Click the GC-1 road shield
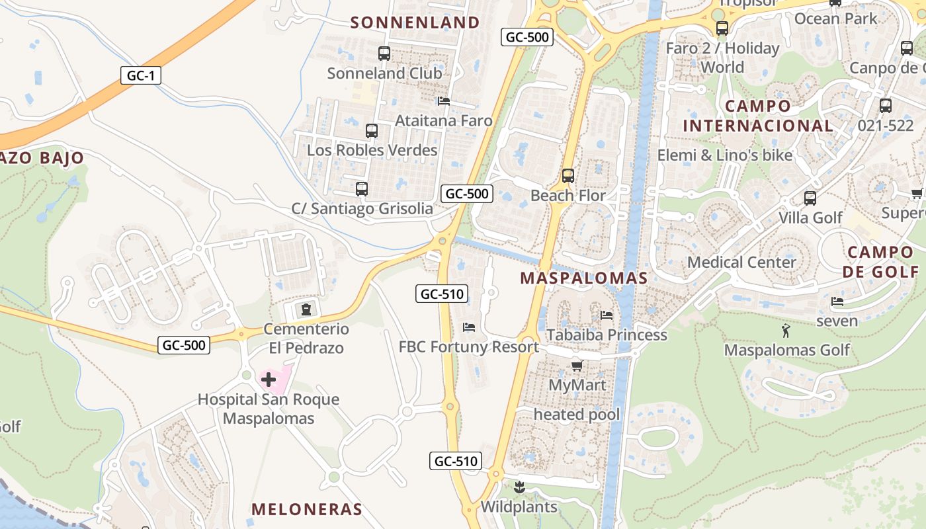click(140, 75)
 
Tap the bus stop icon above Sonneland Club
click(384, 54)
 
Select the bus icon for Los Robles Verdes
click(372, 131)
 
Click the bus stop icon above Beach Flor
click(568, 176)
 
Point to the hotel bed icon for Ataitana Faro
click(443, 101)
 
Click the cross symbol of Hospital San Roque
click(269, 380)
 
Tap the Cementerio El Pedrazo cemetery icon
click(306, 309)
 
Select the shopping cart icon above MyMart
click(577, 366)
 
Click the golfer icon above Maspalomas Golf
click(786, 330)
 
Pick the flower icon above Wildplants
click(519, 488)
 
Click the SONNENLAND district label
click(415, 22)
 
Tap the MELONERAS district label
click(307, 509)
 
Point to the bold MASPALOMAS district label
click(583, 278)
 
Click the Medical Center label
click(741, 263)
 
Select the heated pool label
click(577, 415)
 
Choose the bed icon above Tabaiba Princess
click(607, 315)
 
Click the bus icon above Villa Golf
click(810, 198)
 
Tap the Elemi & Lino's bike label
click(724, 155)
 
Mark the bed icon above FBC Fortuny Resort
click(468, 327)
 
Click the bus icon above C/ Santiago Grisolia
click(361, 189)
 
